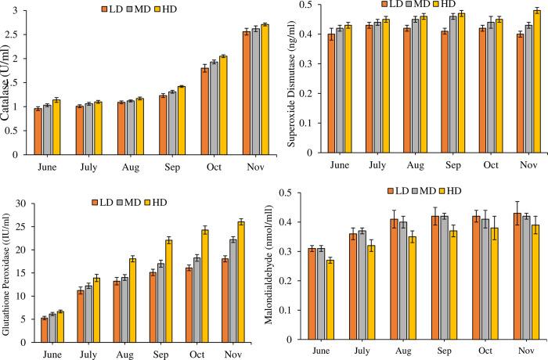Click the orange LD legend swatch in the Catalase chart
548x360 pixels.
(x=104, y=9)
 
